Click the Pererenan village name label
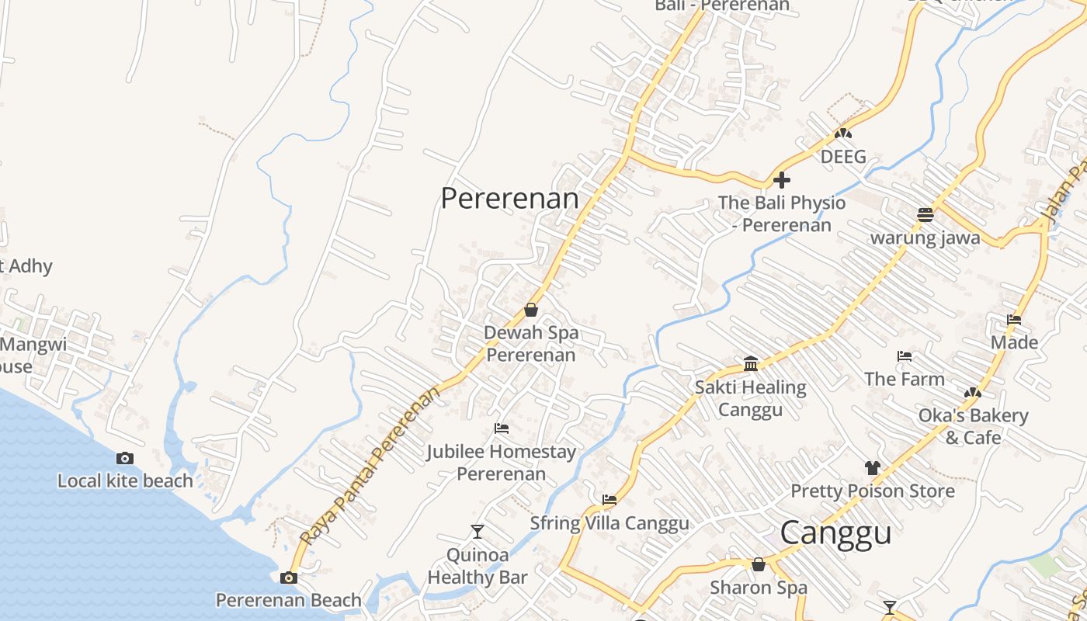[x=509, y=199]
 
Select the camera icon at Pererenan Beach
[x=289, y=578]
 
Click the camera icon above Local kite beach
[x=125, y=459]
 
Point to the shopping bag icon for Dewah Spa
[x=531, y=310]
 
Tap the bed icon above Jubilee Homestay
[x=502, y=428]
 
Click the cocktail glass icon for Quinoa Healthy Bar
[x=478, y=532]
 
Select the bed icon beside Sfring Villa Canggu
[x=609, y=500]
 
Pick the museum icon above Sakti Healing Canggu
[x=751, y=363]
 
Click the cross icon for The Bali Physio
[x=782, y=180]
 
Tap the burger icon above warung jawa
[x=925, y=214]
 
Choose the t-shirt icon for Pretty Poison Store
[x=873, y=468]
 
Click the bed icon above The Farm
[x=905, y=356]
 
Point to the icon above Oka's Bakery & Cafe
[x=973, y=393]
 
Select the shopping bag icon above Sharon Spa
[x=759, y=564]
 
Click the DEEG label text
[x=843, y=157]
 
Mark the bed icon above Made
[x=1014, y=320]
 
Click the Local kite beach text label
[x=125, y=481]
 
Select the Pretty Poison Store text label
[x=873, y=491]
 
